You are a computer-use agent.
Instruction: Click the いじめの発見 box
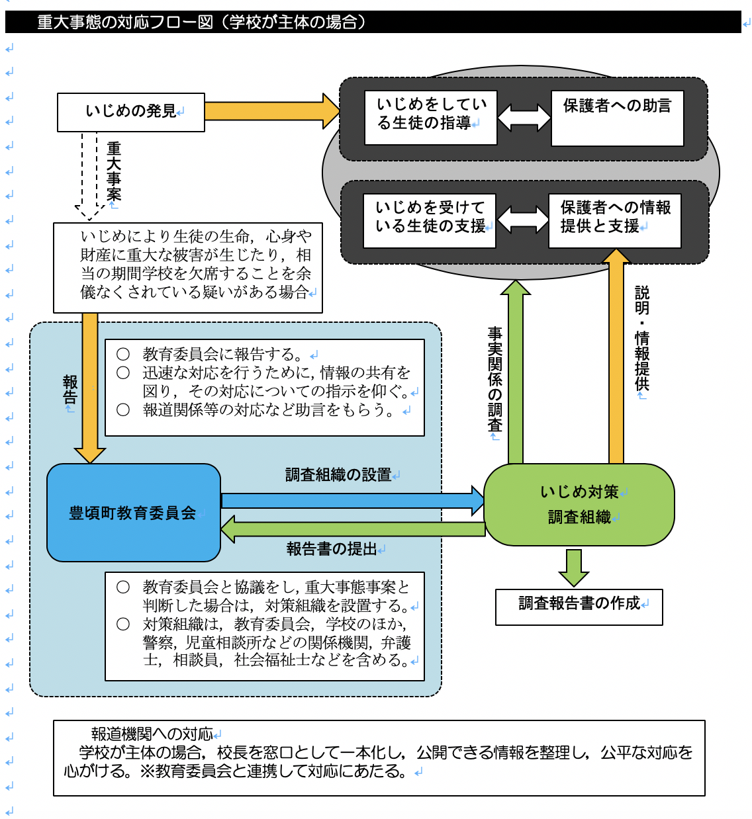tap(131, 112)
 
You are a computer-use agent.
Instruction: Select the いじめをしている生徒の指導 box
tap(431, 117)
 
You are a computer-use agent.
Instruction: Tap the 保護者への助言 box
tap(617, 118)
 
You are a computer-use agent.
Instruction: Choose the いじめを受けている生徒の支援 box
tap(430, 220)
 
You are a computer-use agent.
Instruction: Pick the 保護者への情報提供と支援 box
tap(615, 220)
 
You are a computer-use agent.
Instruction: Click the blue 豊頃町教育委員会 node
tap(133, 513)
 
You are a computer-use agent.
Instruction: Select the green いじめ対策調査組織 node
tap(579, 504)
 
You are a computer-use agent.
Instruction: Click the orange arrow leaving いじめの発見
tap(271, 110)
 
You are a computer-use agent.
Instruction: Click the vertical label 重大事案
tap(114, 171)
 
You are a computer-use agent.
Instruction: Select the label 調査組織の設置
tap(338, 475)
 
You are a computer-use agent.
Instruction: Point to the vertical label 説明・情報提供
tap(641, 337)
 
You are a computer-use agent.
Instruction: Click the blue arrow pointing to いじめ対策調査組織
tap(352, 500)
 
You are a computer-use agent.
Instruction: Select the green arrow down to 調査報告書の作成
tap(574, 567)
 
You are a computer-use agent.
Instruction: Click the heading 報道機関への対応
tap(152, 734)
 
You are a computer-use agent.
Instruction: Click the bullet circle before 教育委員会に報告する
tap(123, 354)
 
